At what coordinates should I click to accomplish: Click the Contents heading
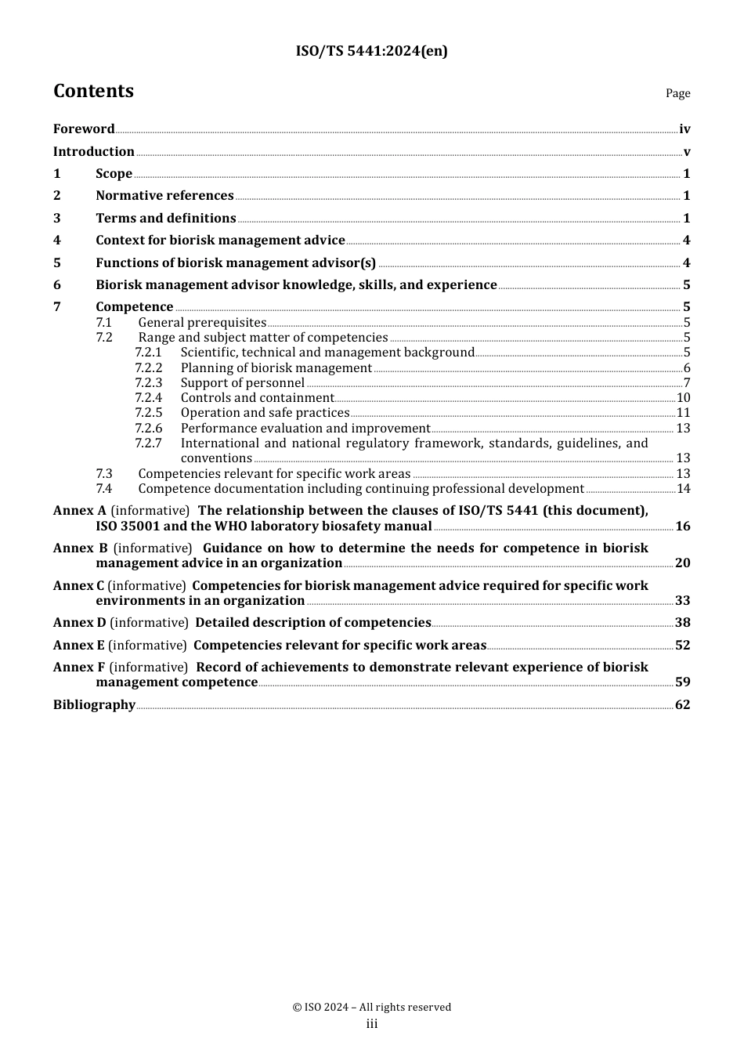93,91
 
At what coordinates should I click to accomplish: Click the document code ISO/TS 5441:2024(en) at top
372,51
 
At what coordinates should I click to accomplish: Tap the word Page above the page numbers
677,93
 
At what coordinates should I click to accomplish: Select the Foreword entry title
84,129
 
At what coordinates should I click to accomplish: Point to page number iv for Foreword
684,129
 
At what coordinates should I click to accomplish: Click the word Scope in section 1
114,174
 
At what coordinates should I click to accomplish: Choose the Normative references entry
164,196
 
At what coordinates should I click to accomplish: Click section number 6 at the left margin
57,285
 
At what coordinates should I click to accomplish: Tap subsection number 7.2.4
148,398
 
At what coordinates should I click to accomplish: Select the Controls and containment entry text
257,398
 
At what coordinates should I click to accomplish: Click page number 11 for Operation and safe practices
683,413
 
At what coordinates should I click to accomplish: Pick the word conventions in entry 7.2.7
216,458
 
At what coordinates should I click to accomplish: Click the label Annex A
80,511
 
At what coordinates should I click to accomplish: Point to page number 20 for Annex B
683,563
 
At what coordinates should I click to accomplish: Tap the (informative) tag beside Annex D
149,623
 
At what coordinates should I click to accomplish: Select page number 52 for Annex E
683,646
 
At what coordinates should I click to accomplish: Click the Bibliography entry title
94,705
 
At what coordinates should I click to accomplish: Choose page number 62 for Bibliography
683,705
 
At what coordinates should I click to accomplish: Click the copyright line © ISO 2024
372,1008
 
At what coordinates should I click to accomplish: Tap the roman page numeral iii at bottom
372,1024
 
